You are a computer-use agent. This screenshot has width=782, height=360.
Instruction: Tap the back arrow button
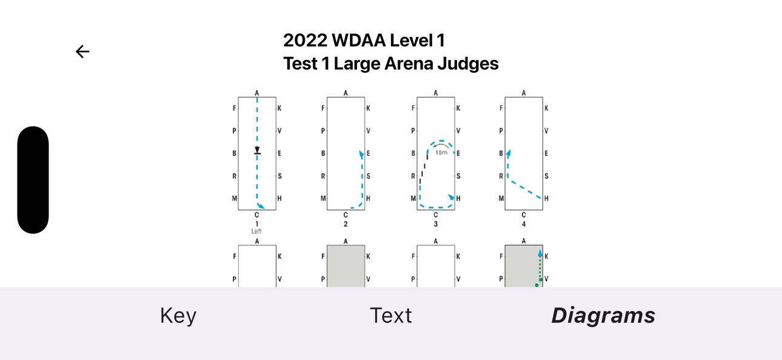(x=82, y=52)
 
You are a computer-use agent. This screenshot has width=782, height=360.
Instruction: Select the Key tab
(x=178, y=316)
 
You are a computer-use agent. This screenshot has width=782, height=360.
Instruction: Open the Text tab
(x=390, y=315)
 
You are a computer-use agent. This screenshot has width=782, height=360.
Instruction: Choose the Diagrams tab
(x=603, y=315)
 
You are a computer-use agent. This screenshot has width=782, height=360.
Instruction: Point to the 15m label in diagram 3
(x=442, y=152)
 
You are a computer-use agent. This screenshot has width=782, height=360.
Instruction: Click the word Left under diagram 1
(x=256, y=231)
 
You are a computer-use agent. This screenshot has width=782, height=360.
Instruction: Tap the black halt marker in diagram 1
(x=257, y=150)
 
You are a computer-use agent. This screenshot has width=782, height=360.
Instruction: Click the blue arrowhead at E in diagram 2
(x=361, y=154)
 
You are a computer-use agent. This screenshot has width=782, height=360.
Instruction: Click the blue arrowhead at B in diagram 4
(x=509, y=153)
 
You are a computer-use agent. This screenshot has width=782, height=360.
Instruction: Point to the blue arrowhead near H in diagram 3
(x=452, y=198)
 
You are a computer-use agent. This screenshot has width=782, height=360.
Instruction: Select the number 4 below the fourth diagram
(x=524, y=224)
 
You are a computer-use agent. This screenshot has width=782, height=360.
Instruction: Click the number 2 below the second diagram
(x=346, y=224)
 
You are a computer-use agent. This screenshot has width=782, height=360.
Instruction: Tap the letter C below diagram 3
(x=436, y=215)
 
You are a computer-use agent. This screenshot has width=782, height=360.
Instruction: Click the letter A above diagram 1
(x=257, y=93)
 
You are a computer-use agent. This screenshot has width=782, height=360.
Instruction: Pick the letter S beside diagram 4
(x=546, y=176)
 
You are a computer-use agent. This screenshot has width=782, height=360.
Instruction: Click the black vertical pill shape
(x=33, y=180)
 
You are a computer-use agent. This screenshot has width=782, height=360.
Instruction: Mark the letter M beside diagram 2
(x=323, y=198)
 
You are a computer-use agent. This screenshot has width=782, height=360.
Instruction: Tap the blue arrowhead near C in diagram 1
(x=261, y=206)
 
